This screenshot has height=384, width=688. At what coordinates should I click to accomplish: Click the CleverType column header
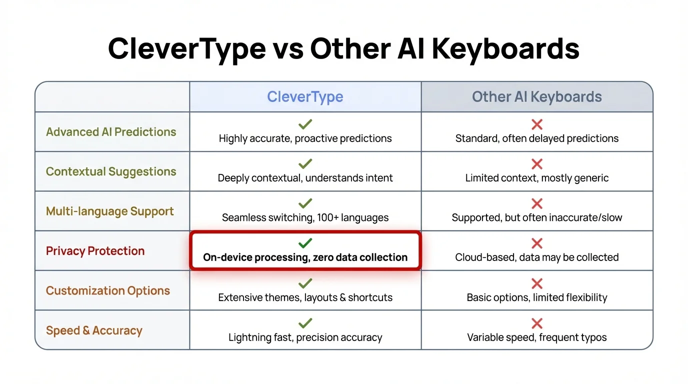coord(305,96)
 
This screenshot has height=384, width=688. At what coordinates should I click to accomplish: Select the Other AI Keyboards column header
coord(537,96)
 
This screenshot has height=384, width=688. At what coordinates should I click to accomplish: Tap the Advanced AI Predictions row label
coord(111,132)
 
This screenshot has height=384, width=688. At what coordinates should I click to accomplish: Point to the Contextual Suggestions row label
coord(111,171)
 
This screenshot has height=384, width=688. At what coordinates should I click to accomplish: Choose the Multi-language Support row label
coord(110,211)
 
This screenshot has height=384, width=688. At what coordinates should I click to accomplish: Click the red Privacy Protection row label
coord(95,251)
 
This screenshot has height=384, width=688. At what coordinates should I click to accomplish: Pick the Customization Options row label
coord(108,290)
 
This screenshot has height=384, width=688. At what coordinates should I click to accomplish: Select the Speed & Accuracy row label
coord(94,330)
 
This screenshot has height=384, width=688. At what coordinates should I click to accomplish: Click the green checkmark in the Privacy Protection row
coord(305,243)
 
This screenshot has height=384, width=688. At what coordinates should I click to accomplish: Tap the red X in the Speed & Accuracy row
coord(537,323)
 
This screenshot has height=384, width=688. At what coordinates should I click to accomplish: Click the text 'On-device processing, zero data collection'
coord(305,257)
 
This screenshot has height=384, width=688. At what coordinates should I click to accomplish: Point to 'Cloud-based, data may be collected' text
coord(537,257)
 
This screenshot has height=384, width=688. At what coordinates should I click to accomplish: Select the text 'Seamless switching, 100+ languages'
coord(305,218)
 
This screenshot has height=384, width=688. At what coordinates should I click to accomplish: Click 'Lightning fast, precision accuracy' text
coord(305,337)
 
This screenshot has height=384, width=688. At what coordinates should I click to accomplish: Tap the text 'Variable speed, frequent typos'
coord(537,337)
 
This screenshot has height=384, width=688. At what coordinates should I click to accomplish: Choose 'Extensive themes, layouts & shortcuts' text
coord(305,297)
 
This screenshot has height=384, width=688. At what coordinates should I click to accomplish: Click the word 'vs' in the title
coord(288,49)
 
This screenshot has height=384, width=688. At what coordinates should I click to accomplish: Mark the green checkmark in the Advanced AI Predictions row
coord(305,124)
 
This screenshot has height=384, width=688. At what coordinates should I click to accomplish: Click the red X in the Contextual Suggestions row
coord(537,164)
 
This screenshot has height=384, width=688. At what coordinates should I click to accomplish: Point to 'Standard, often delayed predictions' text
coord(537,138)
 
